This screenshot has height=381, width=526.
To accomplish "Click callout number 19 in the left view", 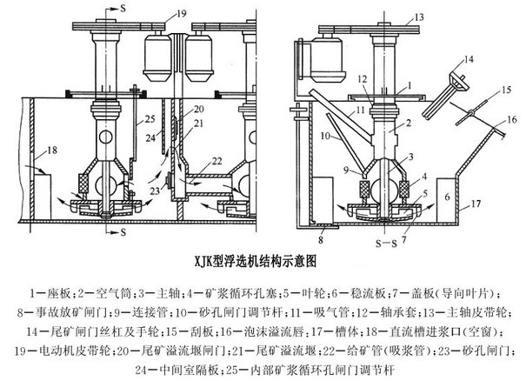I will point(181,15).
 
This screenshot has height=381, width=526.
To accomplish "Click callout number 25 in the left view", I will point(149,117).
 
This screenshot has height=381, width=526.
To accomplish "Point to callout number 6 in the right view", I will point(448,199).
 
